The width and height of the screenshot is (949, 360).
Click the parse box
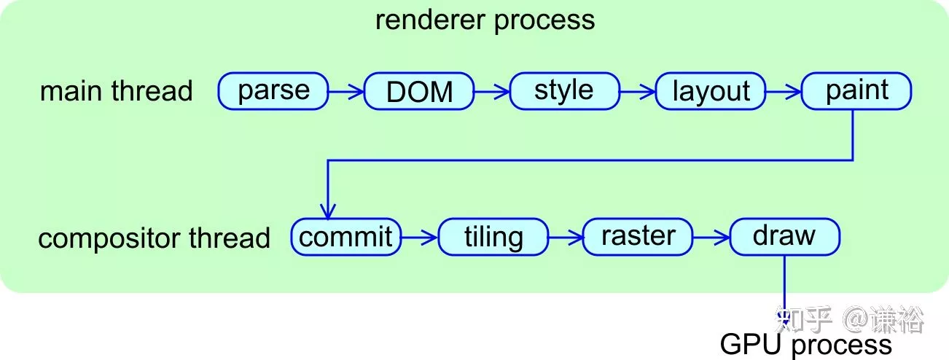pyautogui.click(x=273, y=91)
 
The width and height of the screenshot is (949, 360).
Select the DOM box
pyautogui.click(x=419, y=91)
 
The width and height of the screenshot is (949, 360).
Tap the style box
pyautogui.click(x=565, y=91)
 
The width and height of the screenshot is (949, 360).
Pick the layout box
pyautogui.click(x=711, y=91)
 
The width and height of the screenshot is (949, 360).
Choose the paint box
pyautogui.click(x=856, y=91)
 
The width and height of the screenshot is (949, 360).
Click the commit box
pyautogui.click(x=346, y=237)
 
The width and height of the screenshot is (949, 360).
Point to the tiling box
pyautogui.click(x=493, y=237)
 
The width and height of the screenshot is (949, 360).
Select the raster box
pyautogui.click(x=638, y=237)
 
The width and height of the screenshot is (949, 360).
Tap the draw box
pyautogui.click(x=785, y=237)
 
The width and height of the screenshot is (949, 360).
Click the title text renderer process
pyautogui.click(x=485, y=20)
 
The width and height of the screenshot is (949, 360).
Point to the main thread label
pyautogui.click(x=117, y=90)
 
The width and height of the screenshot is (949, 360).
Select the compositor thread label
pyautogui.click(x=155, y=238)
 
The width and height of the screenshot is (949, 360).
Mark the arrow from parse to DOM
pyautogui.click(x=346, y=91)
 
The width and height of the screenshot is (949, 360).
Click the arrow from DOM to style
pyautogui.click(x=492, y=91)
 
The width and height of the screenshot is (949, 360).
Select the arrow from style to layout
pyautogui.click(x=638, y=91)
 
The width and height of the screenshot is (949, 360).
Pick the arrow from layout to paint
pyautogui.click(x=784, y=91)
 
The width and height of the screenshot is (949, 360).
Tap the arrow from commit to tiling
pyautogui.click(x=419, y=237)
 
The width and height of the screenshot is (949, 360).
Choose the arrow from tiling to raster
pyautogui.click(x=566, y=237)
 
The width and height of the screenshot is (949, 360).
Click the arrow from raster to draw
pyautogui.click(x=711, y=237)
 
